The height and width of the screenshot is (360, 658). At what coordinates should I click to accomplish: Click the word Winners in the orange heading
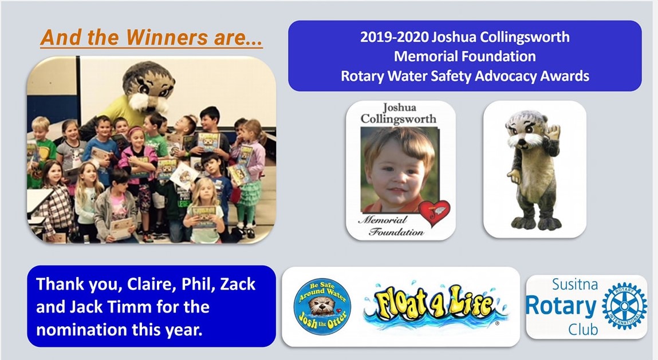coord(167,37)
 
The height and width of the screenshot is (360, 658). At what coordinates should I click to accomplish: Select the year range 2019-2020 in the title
coord(395,37)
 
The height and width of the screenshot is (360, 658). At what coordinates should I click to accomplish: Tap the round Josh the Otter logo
coord(322,307)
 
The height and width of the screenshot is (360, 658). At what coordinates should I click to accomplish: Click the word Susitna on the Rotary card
coord(574,284)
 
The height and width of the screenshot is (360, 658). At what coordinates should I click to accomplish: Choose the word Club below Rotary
coord(583,329)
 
